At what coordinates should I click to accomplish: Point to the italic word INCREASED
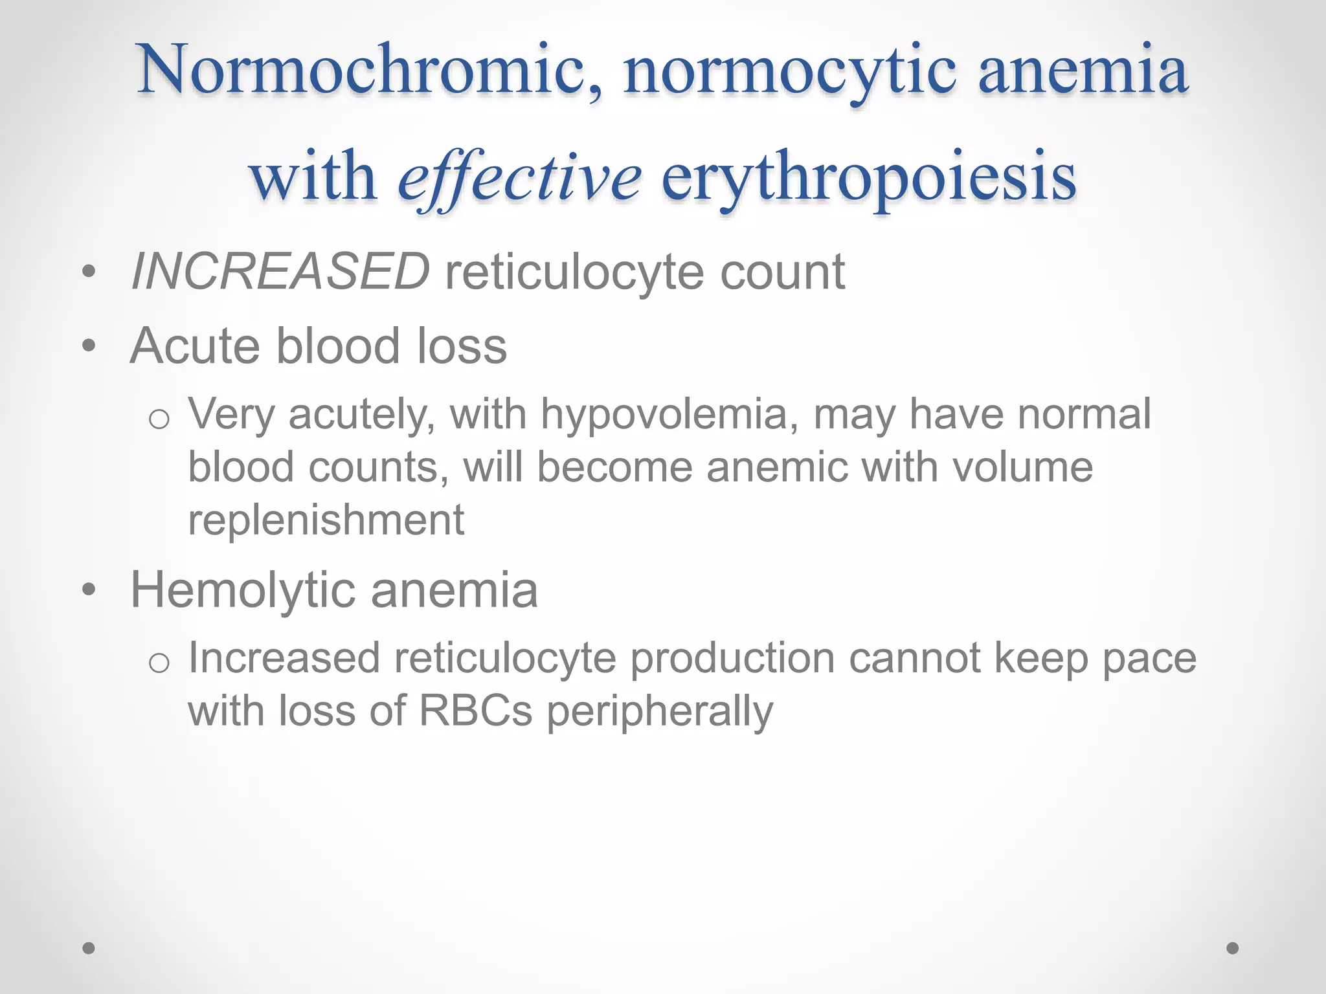(280, 272)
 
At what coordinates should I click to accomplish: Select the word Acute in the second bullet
(198, 346)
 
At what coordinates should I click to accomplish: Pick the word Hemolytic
(243, 590)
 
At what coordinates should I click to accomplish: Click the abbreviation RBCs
(475, 711)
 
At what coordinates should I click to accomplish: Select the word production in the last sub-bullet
(732, 659)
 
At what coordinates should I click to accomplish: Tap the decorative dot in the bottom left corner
(89, 948)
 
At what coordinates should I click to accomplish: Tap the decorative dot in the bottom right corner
(1233, 948)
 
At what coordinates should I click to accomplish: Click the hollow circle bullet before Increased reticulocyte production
(159, 663)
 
